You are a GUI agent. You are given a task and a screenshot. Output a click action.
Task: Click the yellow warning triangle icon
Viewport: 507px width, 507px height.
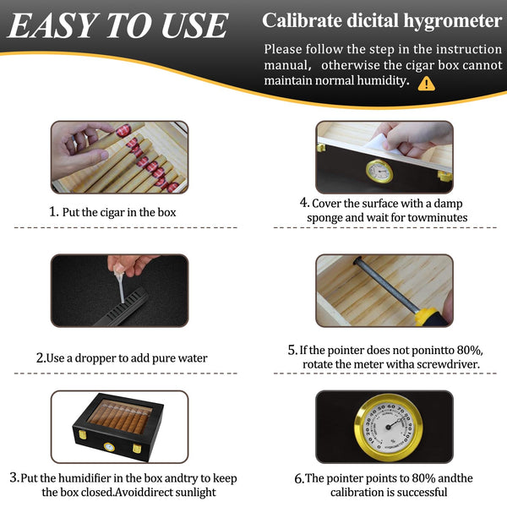[426, 84]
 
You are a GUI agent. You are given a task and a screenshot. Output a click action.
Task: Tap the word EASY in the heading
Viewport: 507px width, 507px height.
[52, 25]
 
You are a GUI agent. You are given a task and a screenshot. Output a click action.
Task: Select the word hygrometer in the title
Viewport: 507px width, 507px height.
[453, 21]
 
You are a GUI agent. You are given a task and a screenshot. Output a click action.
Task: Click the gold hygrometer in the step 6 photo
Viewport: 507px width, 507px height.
[388, 427]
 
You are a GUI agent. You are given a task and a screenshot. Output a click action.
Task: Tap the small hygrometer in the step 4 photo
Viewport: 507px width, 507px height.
[379, 171]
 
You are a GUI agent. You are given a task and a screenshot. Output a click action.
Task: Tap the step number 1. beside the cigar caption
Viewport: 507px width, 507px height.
[54, 212]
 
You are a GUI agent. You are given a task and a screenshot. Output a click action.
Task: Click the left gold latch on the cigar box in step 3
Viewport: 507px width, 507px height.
[83, 434]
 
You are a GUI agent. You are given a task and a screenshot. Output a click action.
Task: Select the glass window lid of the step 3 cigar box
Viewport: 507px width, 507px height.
[120, 417]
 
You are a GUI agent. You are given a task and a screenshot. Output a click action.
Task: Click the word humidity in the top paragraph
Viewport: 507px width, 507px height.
[383, 80]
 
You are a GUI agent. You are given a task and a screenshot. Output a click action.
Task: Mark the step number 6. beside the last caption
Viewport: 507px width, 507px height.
[299, 479]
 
